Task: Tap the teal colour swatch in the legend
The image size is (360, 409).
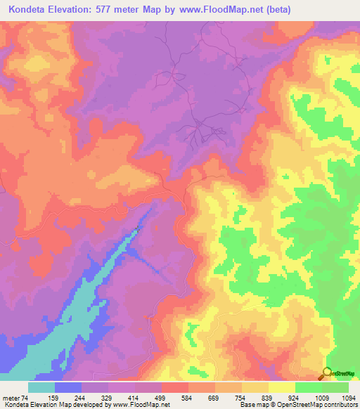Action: tap(41, 387)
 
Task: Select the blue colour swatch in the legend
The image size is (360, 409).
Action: tap(68, 387)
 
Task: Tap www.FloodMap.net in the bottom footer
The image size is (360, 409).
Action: tap(139, 405)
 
